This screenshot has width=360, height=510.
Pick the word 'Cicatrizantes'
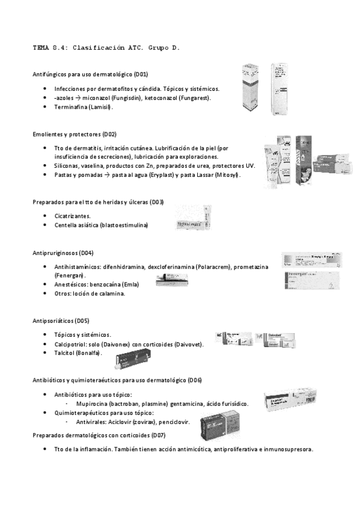pyautogui.click(x=72, y=215)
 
